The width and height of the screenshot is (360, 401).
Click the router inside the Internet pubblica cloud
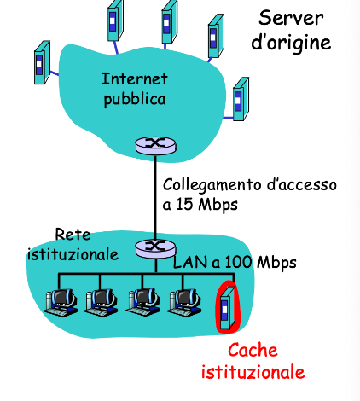pos(155,145)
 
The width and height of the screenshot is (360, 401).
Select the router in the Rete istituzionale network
pos(155,248)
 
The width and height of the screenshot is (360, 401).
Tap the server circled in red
pos(228,308)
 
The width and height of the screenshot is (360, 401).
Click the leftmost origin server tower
pos(42,62)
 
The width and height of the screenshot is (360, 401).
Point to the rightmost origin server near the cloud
pos(241,99)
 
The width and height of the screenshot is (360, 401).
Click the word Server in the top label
pos(291,18)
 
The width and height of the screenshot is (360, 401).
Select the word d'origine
pos(291,43)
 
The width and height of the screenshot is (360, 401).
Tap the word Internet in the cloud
pos(135,78)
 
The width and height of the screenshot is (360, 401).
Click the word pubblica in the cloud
pos(135,100)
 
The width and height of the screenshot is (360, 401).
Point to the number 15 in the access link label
pos(185,204)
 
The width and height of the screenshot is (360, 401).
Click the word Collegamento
pos(212,185)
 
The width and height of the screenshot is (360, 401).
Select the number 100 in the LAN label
pos(238,262)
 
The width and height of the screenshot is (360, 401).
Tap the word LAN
pos(190,262)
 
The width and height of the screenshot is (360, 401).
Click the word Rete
pos(73,235)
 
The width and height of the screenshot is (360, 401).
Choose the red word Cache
pos(253,350)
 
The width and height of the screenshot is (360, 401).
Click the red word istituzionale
pos(253,371)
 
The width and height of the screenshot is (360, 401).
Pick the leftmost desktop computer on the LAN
pos(61,302)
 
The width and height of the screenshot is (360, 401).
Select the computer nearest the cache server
pos(184,302)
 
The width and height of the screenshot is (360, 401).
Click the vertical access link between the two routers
pos(155,197)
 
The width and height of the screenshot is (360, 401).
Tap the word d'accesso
pos(302,185)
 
